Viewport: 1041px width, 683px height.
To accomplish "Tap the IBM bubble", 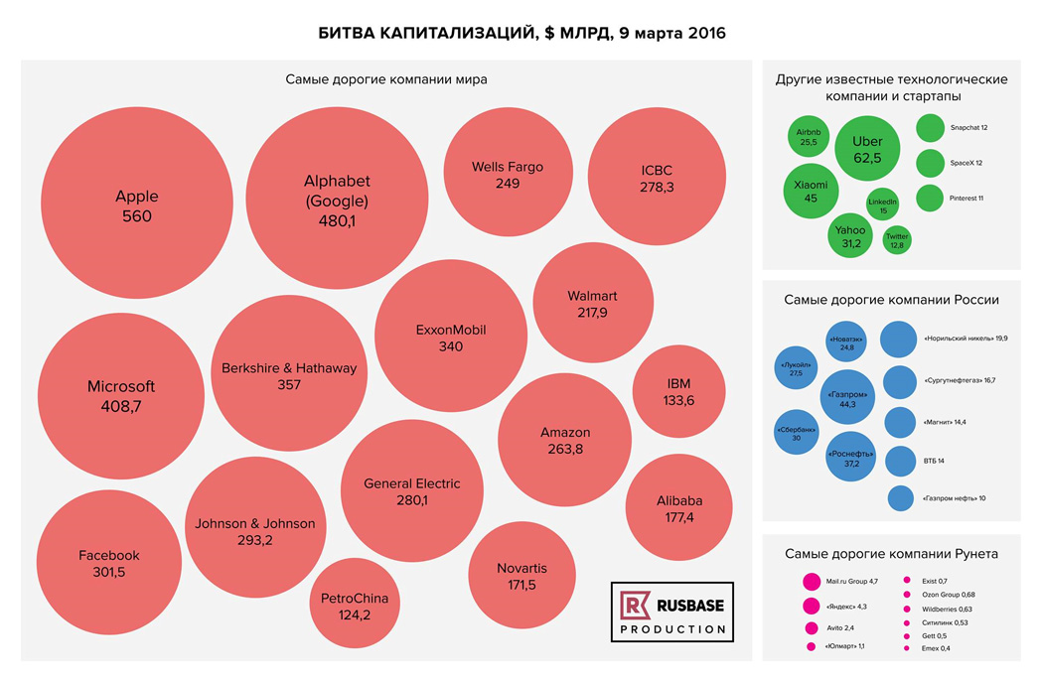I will pos(677,391).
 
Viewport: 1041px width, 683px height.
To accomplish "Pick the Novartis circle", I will pos(521,576).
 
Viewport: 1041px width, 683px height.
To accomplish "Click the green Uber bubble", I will pos(867,149).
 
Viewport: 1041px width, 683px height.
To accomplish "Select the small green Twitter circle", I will pos(897,240).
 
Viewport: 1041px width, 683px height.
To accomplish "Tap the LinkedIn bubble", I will pos(882,205).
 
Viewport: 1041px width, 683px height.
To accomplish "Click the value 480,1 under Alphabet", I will pos(337,220).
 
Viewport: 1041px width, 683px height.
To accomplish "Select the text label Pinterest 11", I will pos(967,198).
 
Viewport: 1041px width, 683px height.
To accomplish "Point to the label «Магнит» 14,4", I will pos(945,422).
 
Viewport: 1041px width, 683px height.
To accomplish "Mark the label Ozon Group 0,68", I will pos(948,595).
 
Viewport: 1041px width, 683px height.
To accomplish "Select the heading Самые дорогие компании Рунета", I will pos(891,554).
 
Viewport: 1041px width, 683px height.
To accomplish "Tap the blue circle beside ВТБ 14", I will pos(900,462).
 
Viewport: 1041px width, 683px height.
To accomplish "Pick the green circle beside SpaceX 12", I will pos(930,163).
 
